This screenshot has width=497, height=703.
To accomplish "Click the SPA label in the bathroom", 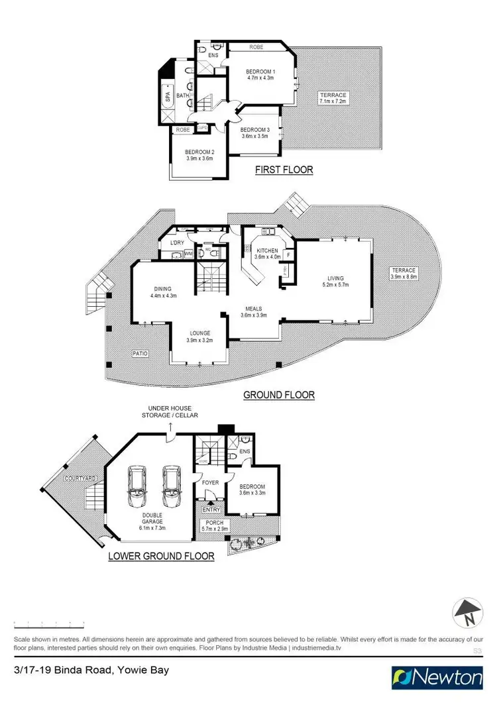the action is click(166, 99).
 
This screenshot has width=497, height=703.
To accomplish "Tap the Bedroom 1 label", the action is click(260, 71).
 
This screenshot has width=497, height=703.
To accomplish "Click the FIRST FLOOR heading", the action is click(284, 170).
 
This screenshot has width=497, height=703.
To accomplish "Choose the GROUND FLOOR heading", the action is click(279, 396).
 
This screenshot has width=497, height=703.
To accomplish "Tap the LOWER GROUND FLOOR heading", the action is click(161, 557).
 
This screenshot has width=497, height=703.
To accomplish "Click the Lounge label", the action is click(199, 333).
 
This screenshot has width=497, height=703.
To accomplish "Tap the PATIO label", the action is click(140, 354).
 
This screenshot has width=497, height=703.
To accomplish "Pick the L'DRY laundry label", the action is click(177, 243).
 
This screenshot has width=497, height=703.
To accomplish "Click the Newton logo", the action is click(437, 677).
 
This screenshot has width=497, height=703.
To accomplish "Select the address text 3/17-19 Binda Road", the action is click(65, 670).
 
